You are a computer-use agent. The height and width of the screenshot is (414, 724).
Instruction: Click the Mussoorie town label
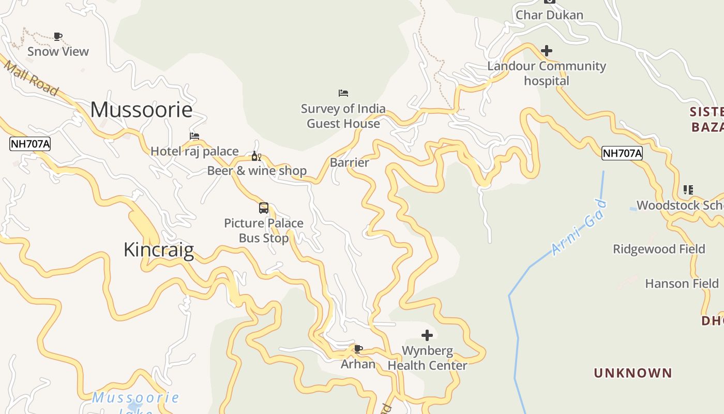coord(141,110)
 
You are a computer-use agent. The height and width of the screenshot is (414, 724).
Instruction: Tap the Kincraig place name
coord(159,250)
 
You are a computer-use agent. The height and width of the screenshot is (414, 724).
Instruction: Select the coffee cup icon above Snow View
coord(58,36)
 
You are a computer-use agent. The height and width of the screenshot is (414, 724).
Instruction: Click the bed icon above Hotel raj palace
coord(194,136)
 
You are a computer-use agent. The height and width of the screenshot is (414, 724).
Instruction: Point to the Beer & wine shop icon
coord(256,156)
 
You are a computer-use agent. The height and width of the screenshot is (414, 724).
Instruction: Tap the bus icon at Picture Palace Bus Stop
coord(264,208)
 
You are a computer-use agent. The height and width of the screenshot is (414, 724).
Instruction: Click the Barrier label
coord(350,162)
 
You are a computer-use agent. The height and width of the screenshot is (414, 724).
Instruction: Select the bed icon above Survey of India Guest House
coord(343,93)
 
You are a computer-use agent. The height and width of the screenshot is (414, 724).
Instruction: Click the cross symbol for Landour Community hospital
coord(547,51)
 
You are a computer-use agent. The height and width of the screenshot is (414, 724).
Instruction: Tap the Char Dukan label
coord(549,15)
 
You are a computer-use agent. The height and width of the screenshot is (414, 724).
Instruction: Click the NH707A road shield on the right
coord(622,153)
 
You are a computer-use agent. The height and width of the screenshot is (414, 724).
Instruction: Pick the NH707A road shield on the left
coord(30,144)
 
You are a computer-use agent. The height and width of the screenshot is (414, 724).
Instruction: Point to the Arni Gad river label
coord(579,228)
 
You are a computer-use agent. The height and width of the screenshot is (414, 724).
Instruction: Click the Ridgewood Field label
coord(659,249)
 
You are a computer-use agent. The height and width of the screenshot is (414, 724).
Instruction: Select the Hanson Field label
coord(682,284)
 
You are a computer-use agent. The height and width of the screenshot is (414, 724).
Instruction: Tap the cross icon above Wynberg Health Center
coord(427,335)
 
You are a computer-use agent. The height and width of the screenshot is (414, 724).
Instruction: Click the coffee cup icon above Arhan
coord(358,349)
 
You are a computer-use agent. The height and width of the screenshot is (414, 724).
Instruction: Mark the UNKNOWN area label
coord(633,373)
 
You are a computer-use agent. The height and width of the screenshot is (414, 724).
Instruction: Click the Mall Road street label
coord(31,78)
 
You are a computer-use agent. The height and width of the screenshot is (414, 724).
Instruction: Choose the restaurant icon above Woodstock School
coord(688,190)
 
